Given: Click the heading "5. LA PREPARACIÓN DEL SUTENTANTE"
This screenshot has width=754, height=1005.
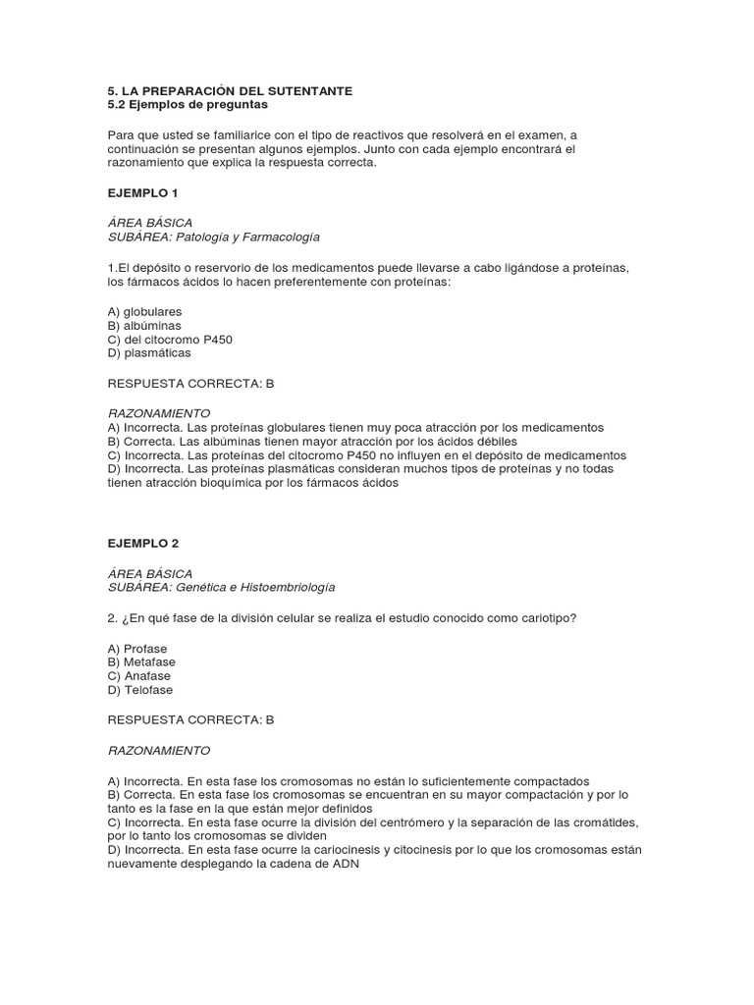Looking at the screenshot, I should tap(230, 90).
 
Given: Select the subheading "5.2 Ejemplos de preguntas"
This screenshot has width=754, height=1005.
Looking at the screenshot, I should tap(187, 104).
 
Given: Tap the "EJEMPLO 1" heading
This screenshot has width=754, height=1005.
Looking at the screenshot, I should tap(142, 192).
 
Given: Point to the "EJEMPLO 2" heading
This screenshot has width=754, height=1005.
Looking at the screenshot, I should tap(142, 543).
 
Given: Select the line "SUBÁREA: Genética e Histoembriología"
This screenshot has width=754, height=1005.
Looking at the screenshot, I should tap(221, 587).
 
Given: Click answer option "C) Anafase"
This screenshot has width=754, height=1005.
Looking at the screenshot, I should tap(139, 676).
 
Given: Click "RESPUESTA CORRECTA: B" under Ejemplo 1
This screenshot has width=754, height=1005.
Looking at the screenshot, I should tap(190, 384).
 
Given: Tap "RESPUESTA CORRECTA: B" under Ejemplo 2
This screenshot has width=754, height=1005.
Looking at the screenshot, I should tap(190, 719).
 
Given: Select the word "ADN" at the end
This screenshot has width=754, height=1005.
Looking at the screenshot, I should tap(347, 864).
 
